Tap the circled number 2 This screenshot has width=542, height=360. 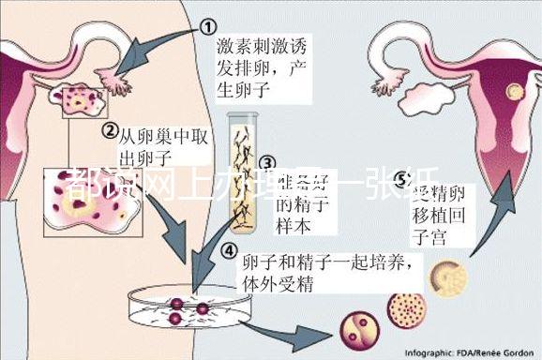coord(110,129)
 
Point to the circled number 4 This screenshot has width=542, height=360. coord(228,250)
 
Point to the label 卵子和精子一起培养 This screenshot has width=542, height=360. coord(325,262)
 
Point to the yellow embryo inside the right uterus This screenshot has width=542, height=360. coord(513,91)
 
